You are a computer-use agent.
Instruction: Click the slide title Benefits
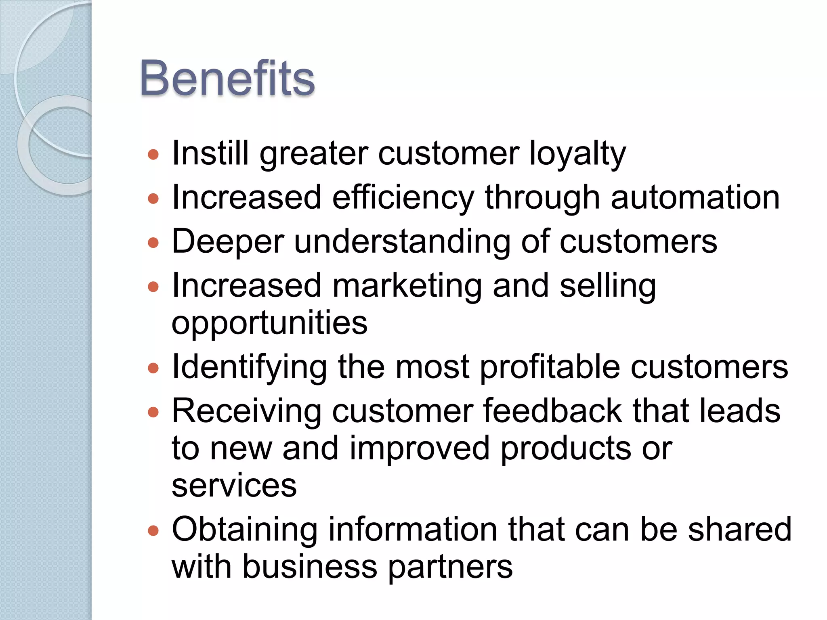[x=227, y=78]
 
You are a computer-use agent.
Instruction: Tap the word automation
[x=695, y=198]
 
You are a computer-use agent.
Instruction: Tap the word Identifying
[x=249, y=367]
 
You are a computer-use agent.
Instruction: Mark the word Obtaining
[x=245, y=530]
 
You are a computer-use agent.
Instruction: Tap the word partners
[x=450, y=567]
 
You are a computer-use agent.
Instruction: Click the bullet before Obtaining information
[x=153, y=530]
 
